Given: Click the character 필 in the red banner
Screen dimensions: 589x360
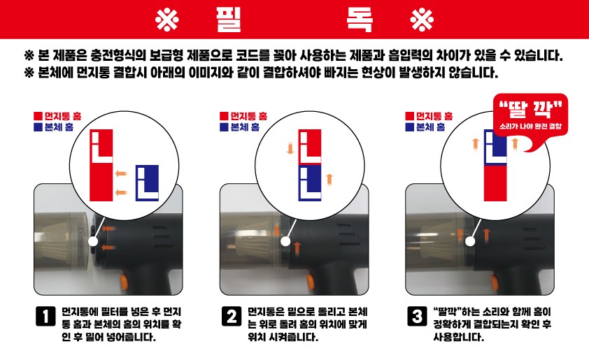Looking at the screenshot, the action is pos(228,19).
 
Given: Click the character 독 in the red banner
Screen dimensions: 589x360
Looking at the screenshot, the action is pos(360,19).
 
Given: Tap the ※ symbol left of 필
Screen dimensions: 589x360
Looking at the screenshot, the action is pos(166,20).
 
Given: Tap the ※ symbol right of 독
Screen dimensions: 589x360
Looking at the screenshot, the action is pos(422,20).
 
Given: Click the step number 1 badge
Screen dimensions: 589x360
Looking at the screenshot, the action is pos(45,316).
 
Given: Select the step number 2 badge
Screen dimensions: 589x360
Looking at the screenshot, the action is pos(232,316).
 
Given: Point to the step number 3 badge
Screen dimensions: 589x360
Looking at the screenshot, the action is pos(417,316).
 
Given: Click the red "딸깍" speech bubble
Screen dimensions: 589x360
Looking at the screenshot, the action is pos(530,115).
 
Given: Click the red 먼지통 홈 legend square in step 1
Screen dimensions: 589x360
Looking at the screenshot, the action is pos(38,116).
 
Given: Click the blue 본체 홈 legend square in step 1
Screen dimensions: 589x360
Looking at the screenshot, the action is pos(38,127).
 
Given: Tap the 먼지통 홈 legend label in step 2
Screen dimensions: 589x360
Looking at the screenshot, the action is pos(248,116).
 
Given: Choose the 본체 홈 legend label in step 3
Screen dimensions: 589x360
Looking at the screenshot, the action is pos(430,127).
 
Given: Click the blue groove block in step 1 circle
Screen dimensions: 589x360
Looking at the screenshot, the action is pos(147,183).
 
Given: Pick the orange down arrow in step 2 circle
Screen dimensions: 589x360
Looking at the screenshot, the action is pos(290,147).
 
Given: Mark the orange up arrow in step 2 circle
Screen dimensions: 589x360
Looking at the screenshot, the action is pos(329,180).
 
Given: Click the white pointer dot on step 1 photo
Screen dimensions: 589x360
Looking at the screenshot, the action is pos(93,241).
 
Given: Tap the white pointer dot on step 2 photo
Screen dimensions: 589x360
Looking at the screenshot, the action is pos(285,241).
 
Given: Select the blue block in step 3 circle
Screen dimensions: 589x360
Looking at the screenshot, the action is pos(495,147).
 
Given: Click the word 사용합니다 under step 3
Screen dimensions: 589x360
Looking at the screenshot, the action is pos(458,337).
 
